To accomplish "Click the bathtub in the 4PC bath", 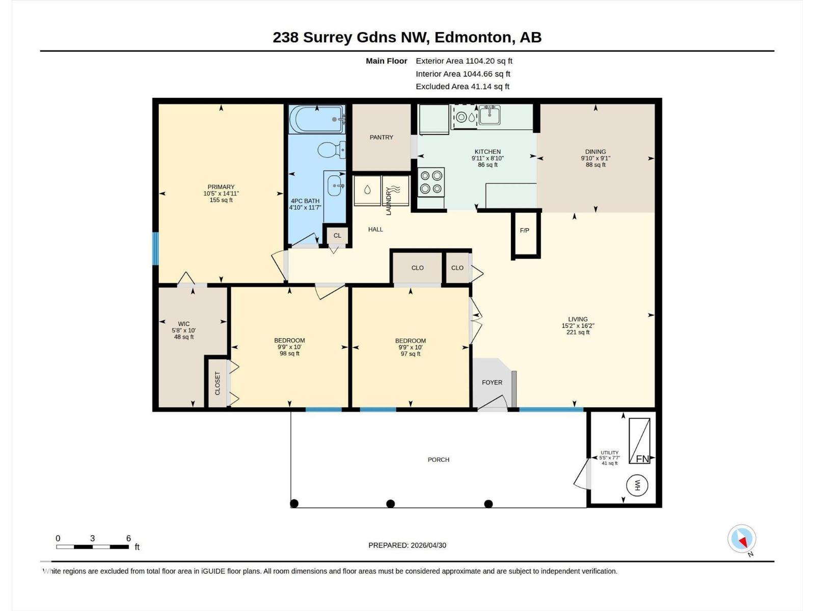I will pyautogui.click(x=317, y=119).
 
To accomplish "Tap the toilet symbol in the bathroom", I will pyautogui.click(x=331, y=150).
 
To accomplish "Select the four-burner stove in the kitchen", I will pyautogui.click(x=431, y=182).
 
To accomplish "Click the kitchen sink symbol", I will pyautogui.click(x=489, y=115).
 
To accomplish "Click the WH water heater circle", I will pyautogui.click(x=637, y=485).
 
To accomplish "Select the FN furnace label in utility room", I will pyautogui.click(x=642, y=459).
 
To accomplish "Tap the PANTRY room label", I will pyautogui.click(x=381, y=137).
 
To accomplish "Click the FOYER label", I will pyautogui.click(x=492, y=382).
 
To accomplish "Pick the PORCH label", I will pyautogui.click(x=438, y=460).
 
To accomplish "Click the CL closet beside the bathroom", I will pyautogui.click(x=337, y=236).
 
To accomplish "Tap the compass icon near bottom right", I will pyautogui.click(x=742, y=539).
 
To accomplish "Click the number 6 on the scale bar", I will pyautogui.click(x=128, y=538).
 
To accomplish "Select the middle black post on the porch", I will pyautogui.click(x=390, y=504).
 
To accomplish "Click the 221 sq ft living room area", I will pyautogui.click(x=578, y=332).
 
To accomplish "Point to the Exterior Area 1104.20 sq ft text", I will pyautogui.click(x=464, y=61).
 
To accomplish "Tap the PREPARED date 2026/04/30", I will pyautogui.click(x=428, y=545).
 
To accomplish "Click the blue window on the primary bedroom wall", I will pyautogui.click(x=156, y=248).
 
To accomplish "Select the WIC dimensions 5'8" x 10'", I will pyautogui.click(x=183, y=330).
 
